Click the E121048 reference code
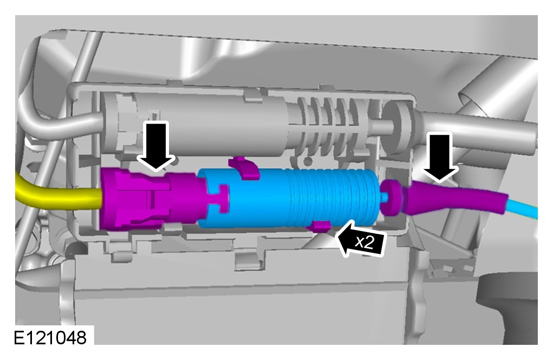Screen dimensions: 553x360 coord(50,338)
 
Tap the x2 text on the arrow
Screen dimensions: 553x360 coord(364,242)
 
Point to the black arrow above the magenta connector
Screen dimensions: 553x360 coord(156,146)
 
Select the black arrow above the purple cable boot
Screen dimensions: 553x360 coord(441,157)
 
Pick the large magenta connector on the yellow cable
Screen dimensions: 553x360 coord(152,199)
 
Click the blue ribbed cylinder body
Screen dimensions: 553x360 coord(289,198)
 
